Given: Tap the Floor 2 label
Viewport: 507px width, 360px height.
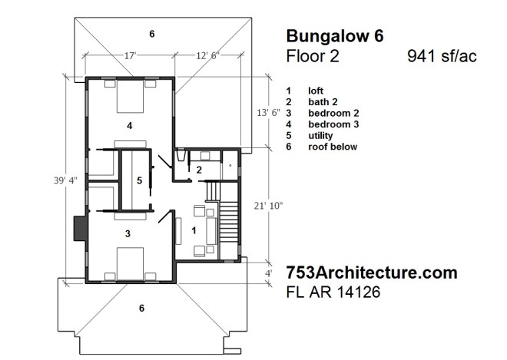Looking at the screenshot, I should pos(312,56).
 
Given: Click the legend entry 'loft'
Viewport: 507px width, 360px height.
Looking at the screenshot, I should pos(316,90).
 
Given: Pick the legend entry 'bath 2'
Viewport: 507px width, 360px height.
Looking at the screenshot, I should pos(322,101).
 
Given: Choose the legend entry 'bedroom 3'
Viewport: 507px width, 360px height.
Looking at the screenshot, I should pos(331,124).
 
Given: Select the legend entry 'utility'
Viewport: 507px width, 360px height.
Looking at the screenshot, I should pos(320,135).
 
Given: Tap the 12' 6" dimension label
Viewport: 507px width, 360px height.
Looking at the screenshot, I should pos(207,55).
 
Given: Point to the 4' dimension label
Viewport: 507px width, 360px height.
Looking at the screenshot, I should pos(268,272).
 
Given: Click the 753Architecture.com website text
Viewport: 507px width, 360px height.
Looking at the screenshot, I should pos(371,272).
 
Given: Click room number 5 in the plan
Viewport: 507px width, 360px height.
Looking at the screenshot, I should pos(138,180).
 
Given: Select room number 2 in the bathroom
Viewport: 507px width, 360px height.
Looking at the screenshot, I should pos(198,170).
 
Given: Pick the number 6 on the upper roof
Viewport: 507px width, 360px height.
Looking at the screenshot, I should pos(152,34).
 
